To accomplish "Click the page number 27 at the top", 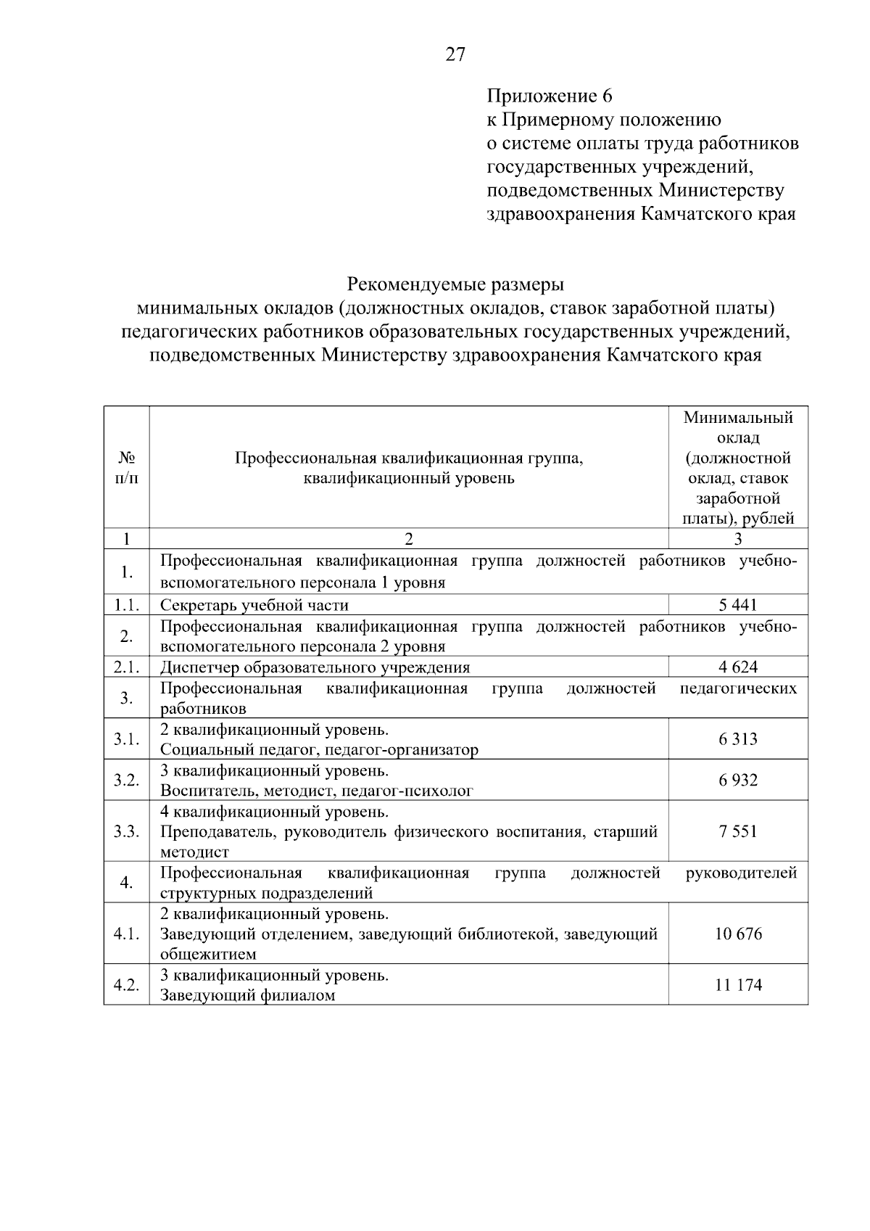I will pyautogui.click(x=455, y=54).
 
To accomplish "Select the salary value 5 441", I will pyautogui.click(x=738, y=605).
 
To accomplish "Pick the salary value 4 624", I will pyautogui.click(x=738, y=667).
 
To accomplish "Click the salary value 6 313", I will pyautogui.click(x=738, y=739).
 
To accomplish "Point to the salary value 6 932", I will pyautogui.click(x=738, y=780).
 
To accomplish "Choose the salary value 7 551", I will pyautogui.click(x=738, y=831).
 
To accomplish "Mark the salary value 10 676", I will pyautogui.click(x=738, y=934).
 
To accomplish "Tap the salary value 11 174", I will pyautogui.click(x=738, y=985).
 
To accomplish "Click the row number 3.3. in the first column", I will pyautogui.click(x=126, y=831).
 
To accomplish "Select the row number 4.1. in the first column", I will pyautogui.click(x=126, y=934).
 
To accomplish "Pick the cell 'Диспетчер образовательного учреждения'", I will pyautogui.click(x=315, y=667).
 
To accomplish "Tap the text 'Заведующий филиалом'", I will pyautogui.click(x=247, y=995).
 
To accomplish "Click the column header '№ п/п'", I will pyautogui.click(x=127, y=468).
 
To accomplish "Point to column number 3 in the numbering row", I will pyautogui.click(x=738, y=539).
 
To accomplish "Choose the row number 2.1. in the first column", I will pyautogui.click(x=126, y=667).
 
